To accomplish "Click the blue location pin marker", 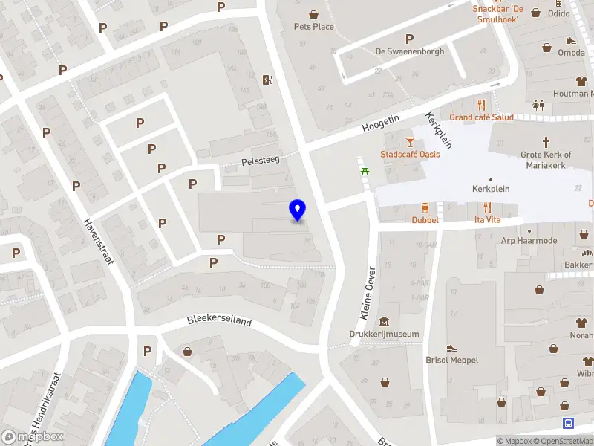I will pos(298,210).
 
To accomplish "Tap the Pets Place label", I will pos(314,27).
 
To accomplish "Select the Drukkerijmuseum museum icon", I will pos(385,322).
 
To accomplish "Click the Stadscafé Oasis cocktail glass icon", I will pos(409,140).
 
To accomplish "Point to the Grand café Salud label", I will pos(481,117).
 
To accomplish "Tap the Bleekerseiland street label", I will pos(219,323).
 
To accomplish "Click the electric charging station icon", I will pos(267,80).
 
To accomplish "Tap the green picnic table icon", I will pos(365,172).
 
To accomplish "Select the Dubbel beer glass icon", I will pos(425,207).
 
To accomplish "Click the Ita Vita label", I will pos(488,220).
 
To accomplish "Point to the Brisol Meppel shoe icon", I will pos(451,348).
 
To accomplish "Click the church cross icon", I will pos(546,141).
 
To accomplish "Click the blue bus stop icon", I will pos(568,424).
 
